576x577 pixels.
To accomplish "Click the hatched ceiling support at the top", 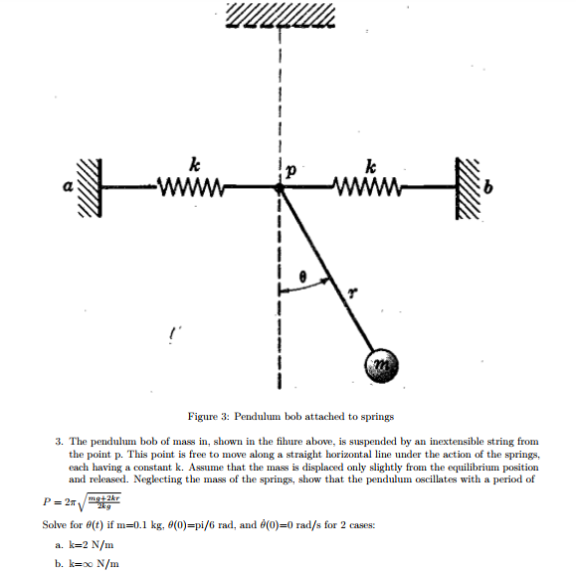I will click(283, 15).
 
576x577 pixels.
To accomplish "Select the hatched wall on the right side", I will click(467, 187).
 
